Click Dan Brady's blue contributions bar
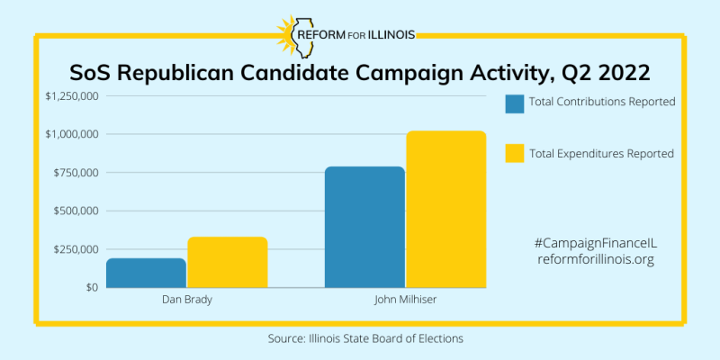[146, 273]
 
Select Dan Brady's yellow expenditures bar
[227, 262]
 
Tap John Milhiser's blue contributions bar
[364, 227]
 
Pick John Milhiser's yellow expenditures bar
[445, 209]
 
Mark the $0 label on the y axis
[92, 288]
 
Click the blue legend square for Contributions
[515, 103]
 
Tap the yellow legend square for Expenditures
[515, 154]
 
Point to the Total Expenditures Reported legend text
[602, 154]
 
